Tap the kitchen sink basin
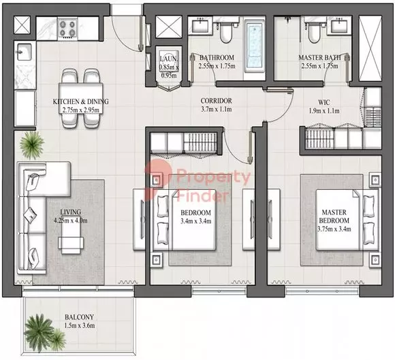pyautogui.click(x=25, y=52)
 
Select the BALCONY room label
pyautogui.click(x=79, y=317)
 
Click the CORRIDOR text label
pyautogui.click(x=216, y=101)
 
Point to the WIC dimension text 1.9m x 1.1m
pyautogui.click(x=324, y=111)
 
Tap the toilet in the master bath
pyautogui.click(x=314, y=33)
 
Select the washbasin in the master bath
pyautogui.click(x=341, y=25)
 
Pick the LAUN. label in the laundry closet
pyautogui.click(x=169, y=59)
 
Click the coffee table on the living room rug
pyautogui.click(x=71, y=235)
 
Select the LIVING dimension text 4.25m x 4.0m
pyautogui.click(x=71, y=220)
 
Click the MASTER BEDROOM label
pyautogui.click(x=334, y=216)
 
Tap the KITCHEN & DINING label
pyautogui.click(x=80, y=101)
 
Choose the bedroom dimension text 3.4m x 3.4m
pyautogui.click(x=195, y=222)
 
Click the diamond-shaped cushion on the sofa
pyautogui.click(x=30, y=215)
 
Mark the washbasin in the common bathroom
pyautogui.click(x=200, y=25)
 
